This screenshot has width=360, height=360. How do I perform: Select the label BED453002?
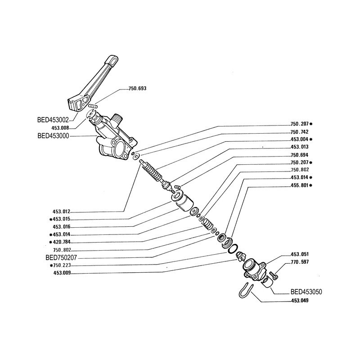(x=53, y=120)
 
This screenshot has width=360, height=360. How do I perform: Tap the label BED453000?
(x=53, y=136)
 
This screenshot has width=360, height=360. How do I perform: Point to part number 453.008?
(x=61, y=128)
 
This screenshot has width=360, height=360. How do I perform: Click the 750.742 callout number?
(x=299, y=132)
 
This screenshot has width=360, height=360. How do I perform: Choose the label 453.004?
(x=299, y=139)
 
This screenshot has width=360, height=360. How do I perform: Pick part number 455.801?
(x=299, y=185)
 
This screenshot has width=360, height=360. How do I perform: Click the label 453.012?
(x=61, y=211)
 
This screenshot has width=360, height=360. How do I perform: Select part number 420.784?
(x=62, y=242)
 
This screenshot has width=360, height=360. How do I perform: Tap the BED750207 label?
(x=61, y=257)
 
